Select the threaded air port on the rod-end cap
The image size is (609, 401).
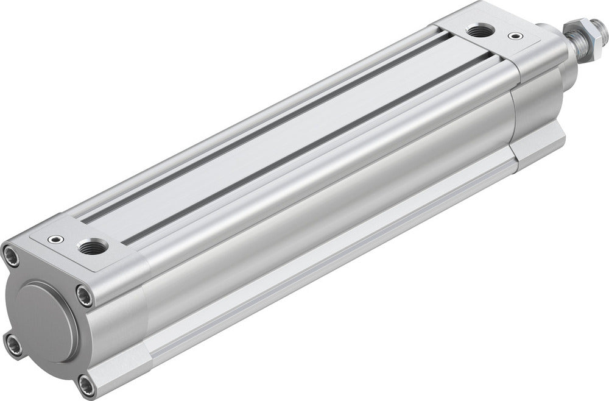coord(481,29)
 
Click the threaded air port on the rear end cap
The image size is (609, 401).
coord(93,247)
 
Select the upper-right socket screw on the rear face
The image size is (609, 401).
coord(85,296)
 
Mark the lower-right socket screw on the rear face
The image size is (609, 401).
coord(86,385)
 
